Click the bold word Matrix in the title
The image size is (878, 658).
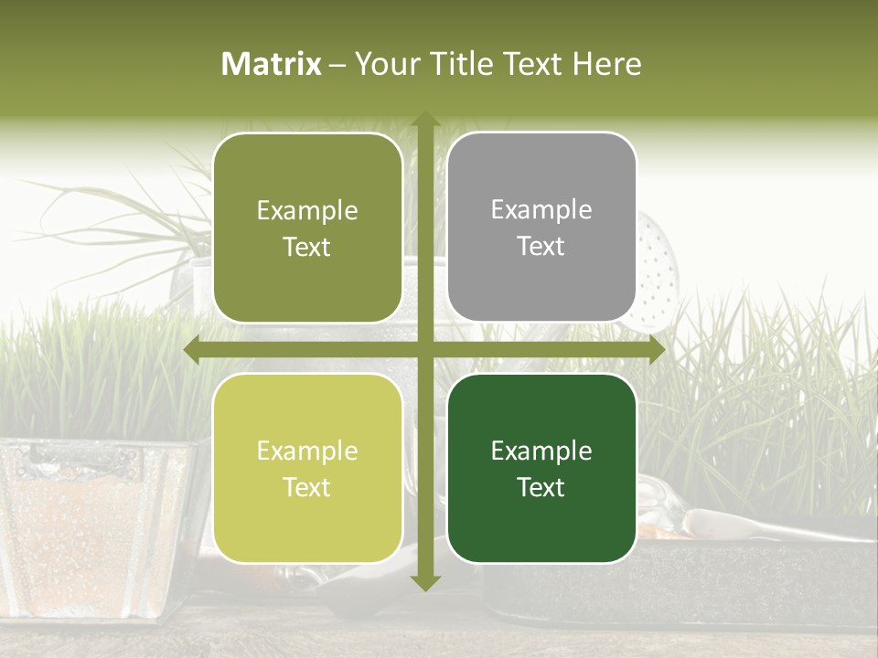coord(272,64)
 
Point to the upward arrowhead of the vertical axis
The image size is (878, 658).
coord(424,120)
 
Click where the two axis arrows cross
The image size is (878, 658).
coord(424,350)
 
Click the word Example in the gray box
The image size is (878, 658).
coord(541,210)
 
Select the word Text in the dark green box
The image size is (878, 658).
coord(541,488)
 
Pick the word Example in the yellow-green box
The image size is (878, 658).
coord(307,451)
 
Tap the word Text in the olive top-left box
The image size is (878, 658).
coord(307,248)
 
